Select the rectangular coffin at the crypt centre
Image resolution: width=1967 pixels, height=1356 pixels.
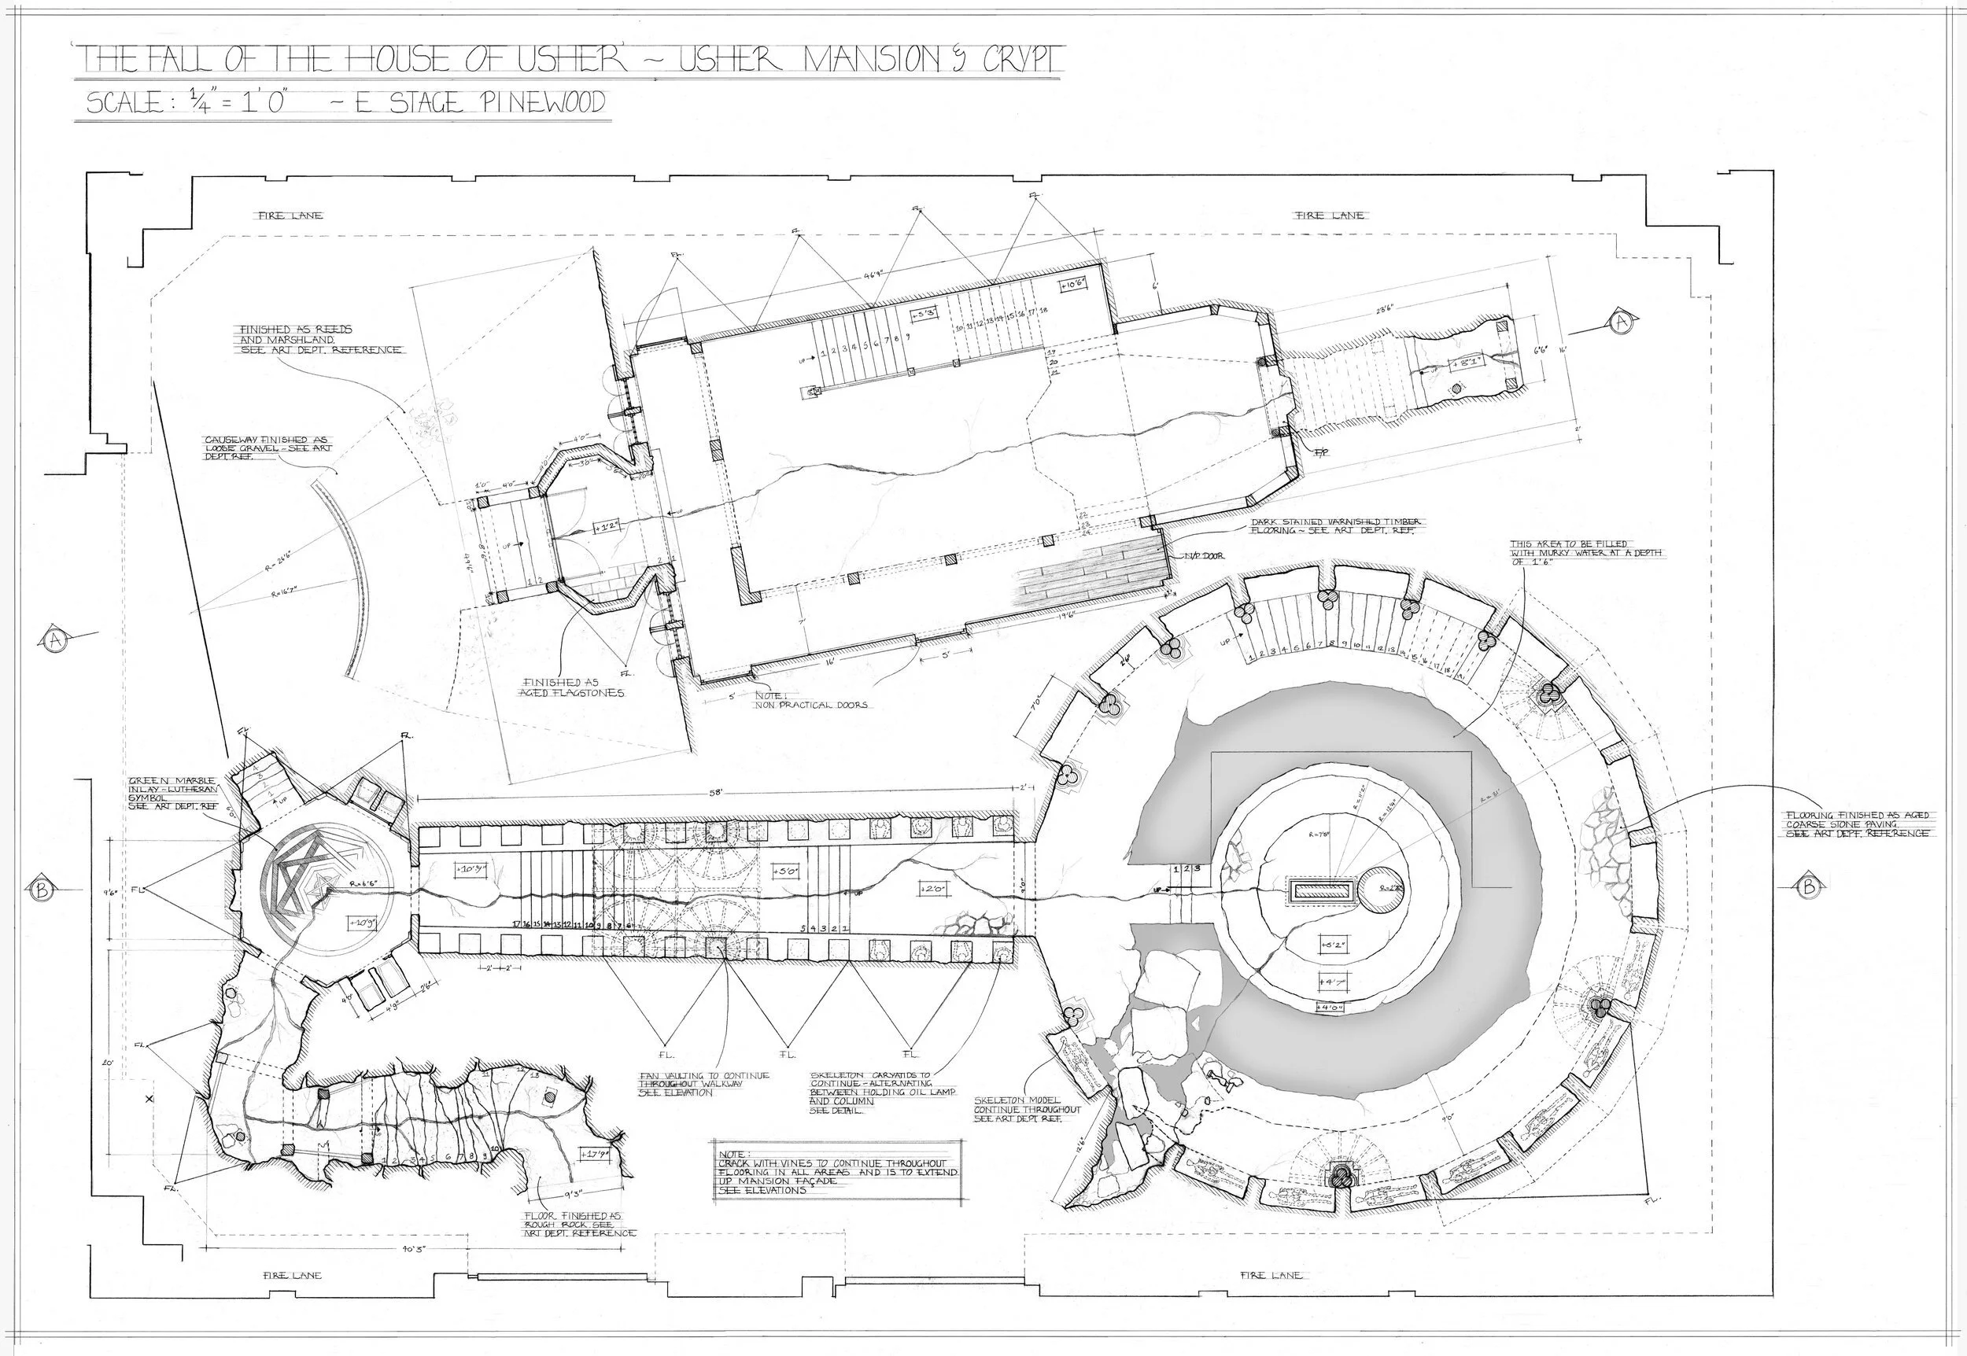point(1321,891)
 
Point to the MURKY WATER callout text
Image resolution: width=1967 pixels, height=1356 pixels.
point(1585,552)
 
